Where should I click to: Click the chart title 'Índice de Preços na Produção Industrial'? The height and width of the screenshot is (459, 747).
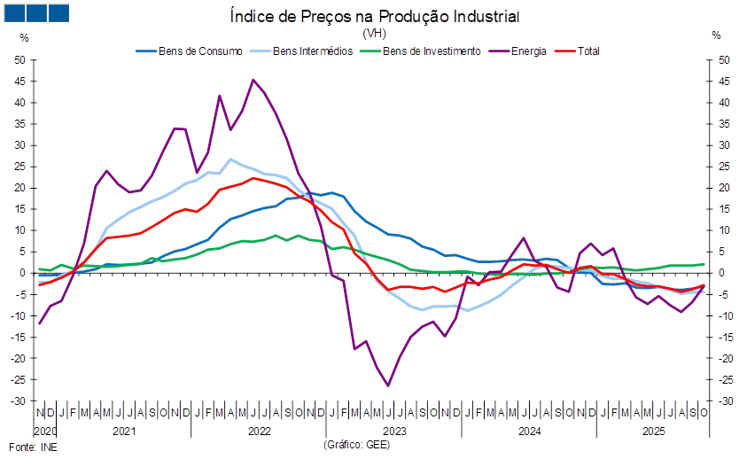pyautogui.click(x=373, y=16)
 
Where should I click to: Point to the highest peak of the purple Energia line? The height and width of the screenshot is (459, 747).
pyautogui.click(x=253, y=80)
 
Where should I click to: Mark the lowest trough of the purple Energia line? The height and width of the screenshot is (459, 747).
pyautogui.click(x=388, y=385)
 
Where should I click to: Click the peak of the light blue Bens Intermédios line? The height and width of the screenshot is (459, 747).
pyautogui.click(x=231, y=159)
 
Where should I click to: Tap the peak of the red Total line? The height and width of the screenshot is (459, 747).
pyautogui.click(x=253, y=178)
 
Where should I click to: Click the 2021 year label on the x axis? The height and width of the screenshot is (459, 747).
pyautogui.click(x=125, y=432)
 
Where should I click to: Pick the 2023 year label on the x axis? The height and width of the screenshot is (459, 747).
pyautogui.click(x=393, y=432)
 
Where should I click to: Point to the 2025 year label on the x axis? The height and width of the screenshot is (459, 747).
pyautogui.click(x=653, y=432)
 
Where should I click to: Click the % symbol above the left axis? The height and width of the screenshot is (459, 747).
pyautogui.click(x=24, y=36)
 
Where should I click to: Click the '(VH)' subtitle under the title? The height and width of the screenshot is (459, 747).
pyautogui.click(x=373, y=33)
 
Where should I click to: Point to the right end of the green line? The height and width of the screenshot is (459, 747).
pyautogui.click(x=704, y=264)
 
